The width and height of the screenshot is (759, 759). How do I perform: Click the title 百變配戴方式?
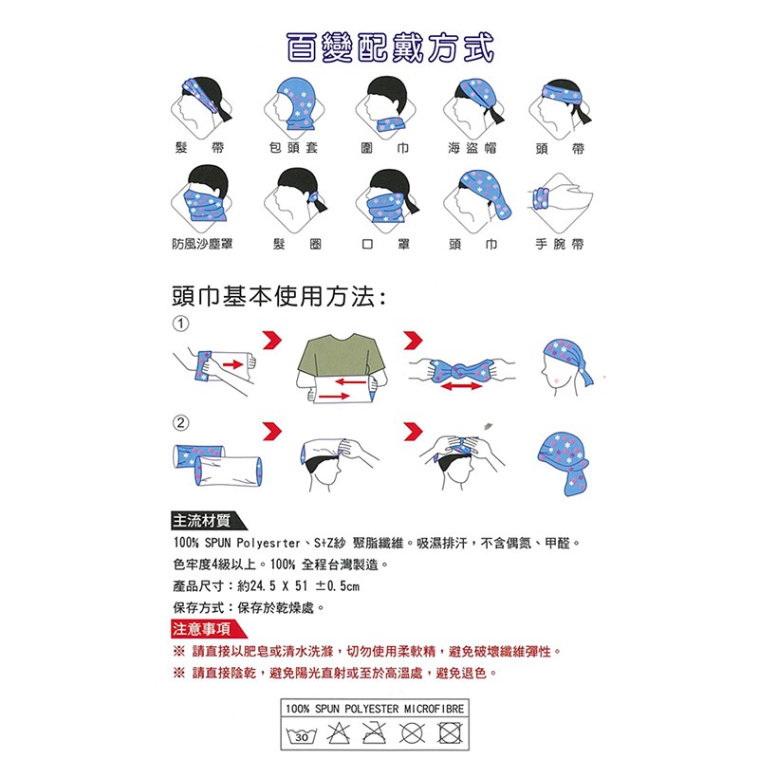click(x=390, y=48)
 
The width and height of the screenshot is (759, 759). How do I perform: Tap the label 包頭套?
click(x=293, y=148)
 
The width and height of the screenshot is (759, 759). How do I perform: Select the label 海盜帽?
click(x=472, y=148)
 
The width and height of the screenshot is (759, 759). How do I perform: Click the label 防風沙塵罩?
click(x=202, y=244)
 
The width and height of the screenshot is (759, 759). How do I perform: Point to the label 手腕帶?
click(x=560, y=244)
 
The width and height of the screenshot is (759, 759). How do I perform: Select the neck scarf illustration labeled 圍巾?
click(x=386, y=106)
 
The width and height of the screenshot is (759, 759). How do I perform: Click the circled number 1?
click(x=180, y=324)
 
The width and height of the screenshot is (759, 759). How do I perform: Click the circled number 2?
click(x=180, y=423)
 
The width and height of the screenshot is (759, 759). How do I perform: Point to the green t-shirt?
click(x=341, y=355)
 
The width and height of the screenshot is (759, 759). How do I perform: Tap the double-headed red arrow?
click(x=461, y=386)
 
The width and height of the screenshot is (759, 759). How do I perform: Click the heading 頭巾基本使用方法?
click(x=279, y=296)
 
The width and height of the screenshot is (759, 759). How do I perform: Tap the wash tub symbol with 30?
click(x=301, y=734)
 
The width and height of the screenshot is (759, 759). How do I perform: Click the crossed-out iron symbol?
click(x=375, y=732)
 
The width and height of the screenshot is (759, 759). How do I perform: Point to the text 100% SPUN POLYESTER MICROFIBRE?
click(x=375, y=709)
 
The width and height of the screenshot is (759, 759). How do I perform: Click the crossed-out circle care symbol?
click(x=412, y=733)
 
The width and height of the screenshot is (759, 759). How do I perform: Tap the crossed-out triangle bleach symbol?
click(x=338, y=732)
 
